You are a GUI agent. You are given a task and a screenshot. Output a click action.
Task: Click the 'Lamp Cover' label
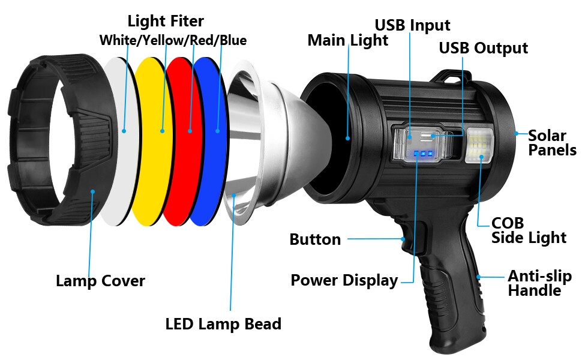pyautogui.click(x=100, y=280)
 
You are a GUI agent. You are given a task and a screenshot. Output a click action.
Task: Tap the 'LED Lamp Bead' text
pyautogui.click(x=223, y=324)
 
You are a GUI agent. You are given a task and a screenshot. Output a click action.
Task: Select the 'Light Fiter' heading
pyautogui.click(x=166, y=21)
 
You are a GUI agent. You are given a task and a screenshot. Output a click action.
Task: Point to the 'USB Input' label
pyautogui.click(x=412, y=25)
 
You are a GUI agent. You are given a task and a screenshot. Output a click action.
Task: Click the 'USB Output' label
pyautogui.click(x=483, y=48)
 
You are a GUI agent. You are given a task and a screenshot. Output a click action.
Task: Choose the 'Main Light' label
pyautogui.click(x=347, y=40)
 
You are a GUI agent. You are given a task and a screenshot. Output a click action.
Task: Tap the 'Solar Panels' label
pyautogui.click(x=552, y=143)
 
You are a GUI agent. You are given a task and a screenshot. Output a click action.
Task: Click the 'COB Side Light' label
pyautogui.click(x=529, y=230)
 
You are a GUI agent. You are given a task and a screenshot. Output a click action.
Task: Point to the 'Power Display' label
pyautogui.click(x=344, y=280)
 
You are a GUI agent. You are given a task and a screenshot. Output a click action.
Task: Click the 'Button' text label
pyautogui.click(x=315, y=239)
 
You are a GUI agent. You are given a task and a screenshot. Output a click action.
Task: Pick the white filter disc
pyautogui.click(x=118, y=141)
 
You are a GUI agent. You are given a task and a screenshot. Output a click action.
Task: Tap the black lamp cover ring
pyautogui.click(x=57, y=141)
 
